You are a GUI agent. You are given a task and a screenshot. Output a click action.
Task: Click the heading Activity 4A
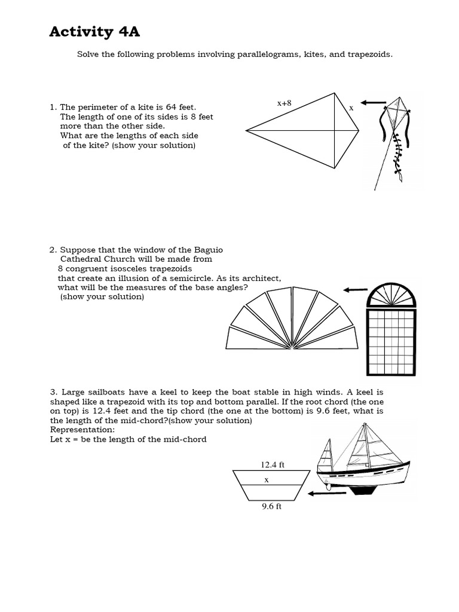tap(94, 32)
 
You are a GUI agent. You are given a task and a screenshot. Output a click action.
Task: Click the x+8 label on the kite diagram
tap(284, 103)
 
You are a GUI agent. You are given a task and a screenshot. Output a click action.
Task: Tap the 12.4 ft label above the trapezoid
tap(272, 464)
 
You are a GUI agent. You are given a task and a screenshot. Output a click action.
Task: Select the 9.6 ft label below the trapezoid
tap(272, 506)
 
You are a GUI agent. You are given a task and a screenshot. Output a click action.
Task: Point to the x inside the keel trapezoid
tap(267, 479)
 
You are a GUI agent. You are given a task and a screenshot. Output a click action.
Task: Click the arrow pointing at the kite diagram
tap(374, 103)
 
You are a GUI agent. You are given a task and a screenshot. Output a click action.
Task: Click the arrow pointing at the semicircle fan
tap(355, 290)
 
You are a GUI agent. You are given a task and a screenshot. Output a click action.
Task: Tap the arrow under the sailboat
tap(326, 493)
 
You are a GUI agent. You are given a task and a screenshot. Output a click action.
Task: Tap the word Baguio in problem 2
tap(209, 249)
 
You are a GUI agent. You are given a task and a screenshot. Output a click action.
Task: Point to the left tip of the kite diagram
tap(247, 130)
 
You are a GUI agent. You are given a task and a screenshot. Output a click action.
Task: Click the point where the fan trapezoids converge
tap(291, 347)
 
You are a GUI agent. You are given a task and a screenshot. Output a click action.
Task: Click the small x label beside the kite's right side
tap(351, 108)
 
